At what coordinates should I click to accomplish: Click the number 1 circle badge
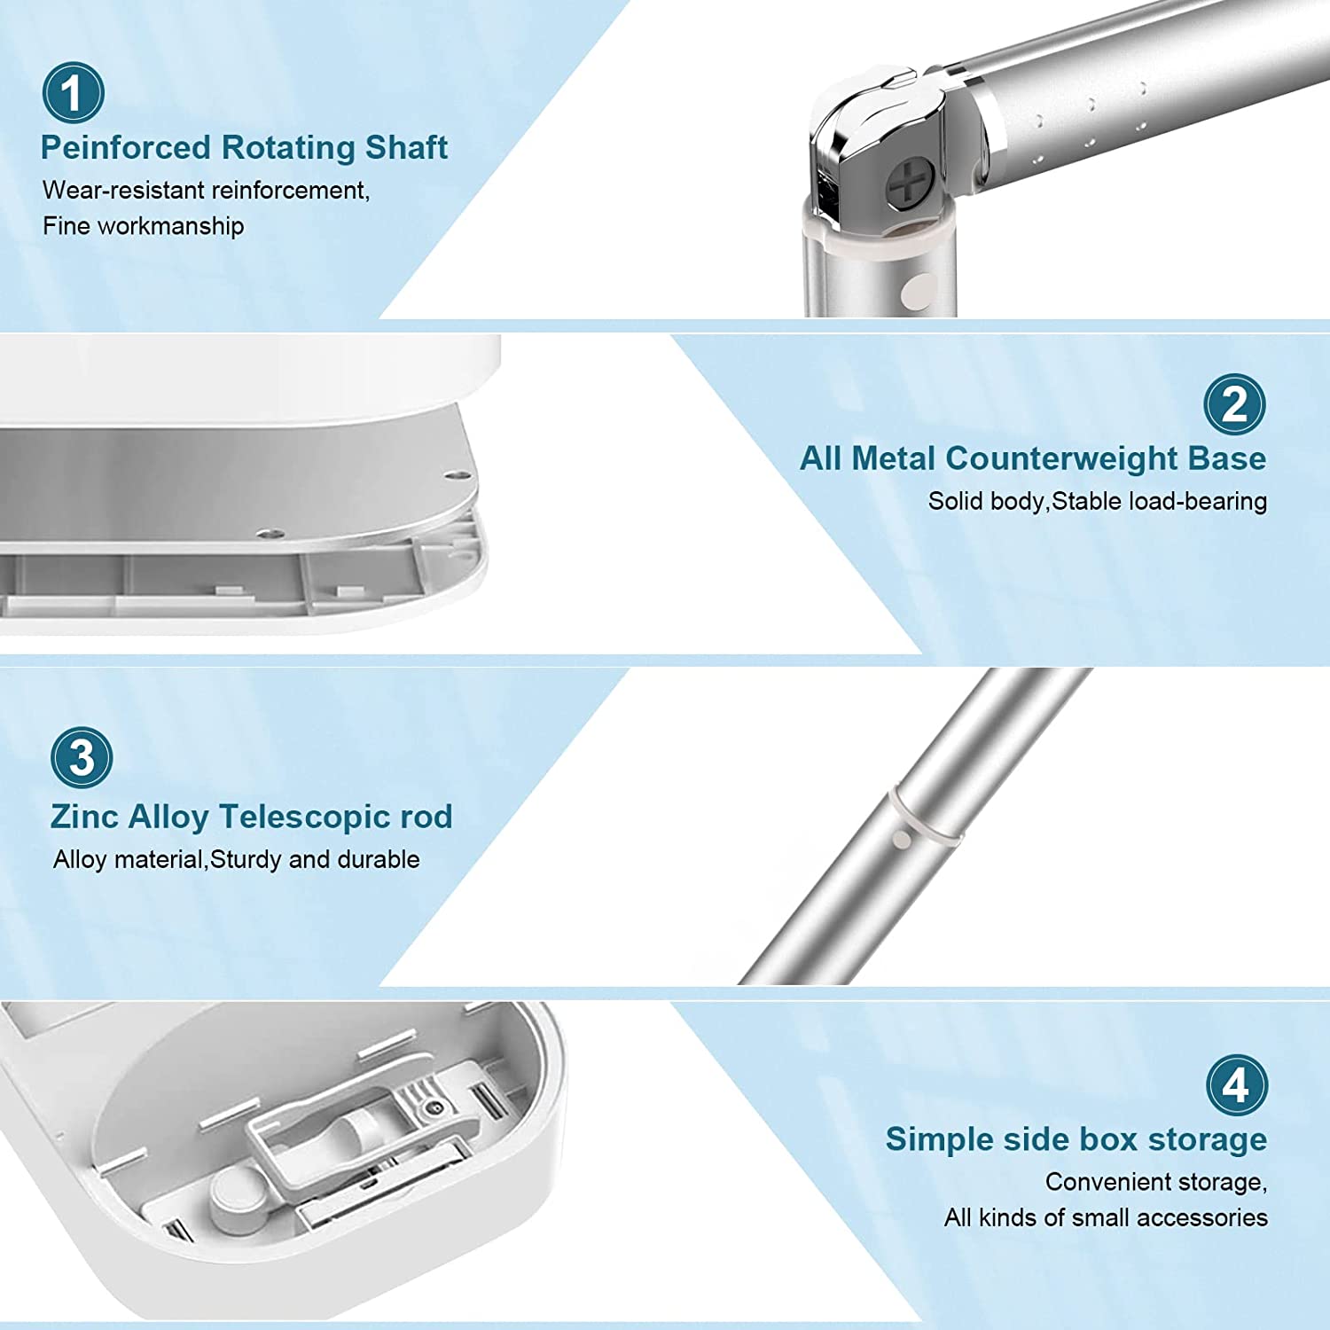pos(73,92)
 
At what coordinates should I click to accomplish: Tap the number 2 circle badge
pos(1234,404)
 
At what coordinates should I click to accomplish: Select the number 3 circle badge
pos(82,758)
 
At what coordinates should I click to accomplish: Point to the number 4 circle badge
pos(1237,1085)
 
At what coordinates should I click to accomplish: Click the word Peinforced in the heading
pos(125,147)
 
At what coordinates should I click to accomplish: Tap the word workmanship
pos(170,226)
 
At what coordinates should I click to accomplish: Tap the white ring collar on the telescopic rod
pos(927,814)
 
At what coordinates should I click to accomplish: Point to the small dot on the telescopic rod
pos(902,839)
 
